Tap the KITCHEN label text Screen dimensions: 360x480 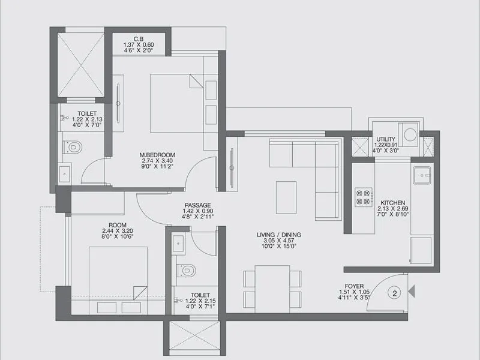coord(392,203)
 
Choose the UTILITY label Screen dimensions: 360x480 coord(385,139)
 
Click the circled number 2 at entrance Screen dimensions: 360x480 coord(395,293)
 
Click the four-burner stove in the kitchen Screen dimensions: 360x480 coord(364,197)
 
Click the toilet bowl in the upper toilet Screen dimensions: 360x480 coord(72,146)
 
